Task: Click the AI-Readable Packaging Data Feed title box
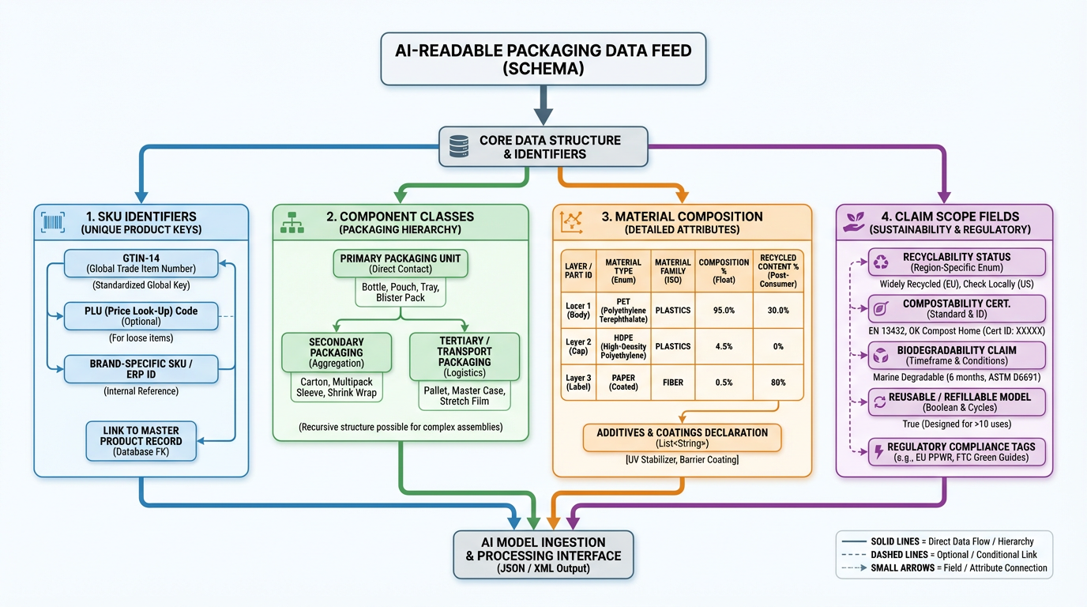click(x=543, y=59)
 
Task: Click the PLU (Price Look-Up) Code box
click(x=141, y=316)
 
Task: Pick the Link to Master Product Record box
click(x=141, y=441)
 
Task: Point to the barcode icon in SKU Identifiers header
click(x=54, y=223)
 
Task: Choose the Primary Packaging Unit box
click(x=401, y=264)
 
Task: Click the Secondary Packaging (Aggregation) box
click(x=336, y=353)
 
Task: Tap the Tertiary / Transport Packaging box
click(x=465, y=356)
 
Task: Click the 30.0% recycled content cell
click(x=777, y=311)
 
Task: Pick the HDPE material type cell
click(x=623, y=346)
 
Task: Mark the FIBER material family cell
click(x=672, y=383)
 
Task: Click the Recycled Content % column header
click(x=777, y=271)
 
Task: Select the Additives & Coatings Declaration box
click(x=682, y=438)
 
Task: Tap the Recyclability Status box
click(x=957, y=262)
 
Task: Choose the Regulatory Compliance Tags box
click(x=957, y=452)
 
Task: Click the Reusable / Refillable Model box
click(x=957, y=402)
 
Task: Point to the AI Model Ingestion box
click(x=543, y=555)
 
